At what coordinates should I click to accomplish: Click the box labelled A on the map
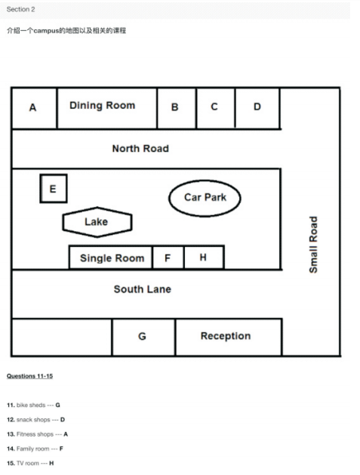[x=34, y=108]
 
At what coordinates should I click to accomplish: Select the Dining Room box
[x=107, y=108]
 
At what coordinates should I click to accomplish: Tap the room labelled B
[x=177, y=108]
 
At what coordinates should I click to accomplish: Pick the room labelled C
[x=216, y=108]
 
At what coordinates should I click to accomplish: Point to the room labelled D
[x=257, y=108]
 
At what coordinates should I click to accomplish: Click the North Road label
[x=140, y=149]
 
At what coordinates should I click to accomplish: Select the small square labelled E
[x=54, y=189]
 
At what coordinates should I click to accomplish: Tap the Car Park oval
[x=205, y=198]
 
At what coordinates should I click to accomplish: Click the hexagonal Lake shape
[x=97, y=222]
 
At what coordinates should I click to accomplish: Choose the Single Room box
[x=111, y=258]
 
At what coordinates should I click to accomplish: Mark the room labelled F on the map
[x=168, y=258]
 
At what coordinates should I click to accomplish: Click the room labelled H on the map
[x=204, y=258]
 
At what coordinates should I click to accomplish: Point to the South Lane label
[x=143, y=289]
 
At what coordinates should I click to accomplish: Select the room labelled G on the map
[x=143, y=337]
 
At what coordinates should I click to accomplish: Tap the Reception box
[x=229, y=337]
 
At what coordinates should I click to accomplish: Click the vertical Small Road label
[x=313, y=245]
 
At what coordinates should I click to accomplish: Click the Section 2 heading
[x=20, y=9]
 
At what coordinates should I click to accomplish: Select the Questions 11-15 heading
[x=29, y=376]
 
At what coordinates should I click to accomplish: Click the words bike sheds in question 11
[x=31, y=405]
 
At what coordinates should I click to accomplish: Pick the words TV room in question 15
[x=28, y=463]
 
